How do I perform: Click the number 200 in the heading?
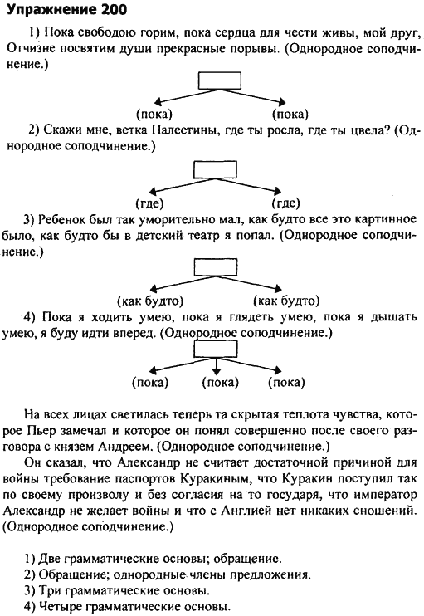[x=114, y=9]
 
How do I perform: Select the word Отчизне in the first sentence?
[x=30, y=49]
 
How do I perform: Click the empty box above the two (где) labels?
[x=215, y=169]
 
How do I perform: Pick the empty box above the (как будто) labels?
[x=216, y=267]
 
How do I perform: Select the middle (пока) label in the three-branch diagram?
[x=220, y=382]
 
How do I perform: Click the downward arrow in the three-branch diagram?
[x=216, y=366]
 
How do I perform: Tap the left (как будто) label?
[x=150, y=301]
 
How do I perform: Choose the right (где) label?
[x=285, y=203]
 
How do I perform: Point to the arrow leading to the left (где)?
[x=183, y=185]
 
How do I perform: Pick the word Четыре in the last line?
[x=61, y=606]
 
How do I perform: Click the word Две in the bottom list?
[x=51, y=559]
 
